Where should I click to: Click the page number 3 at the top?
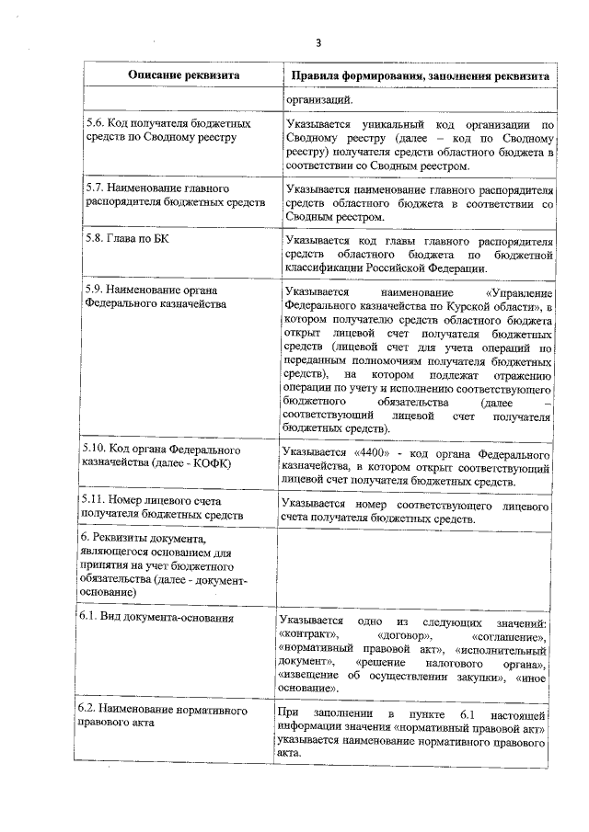[318, 42]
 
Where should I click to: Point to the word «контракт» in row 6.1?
[309, 634]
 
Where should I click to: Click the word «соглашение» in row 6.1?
[509, 634]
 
